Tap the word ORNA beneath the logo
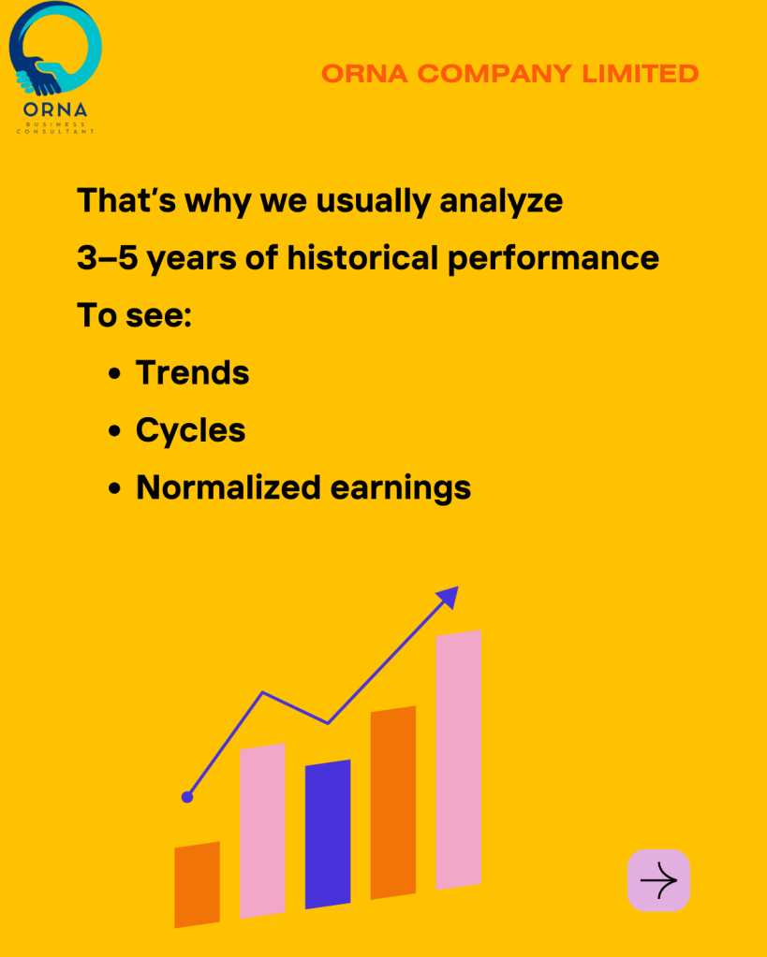coord(55,110)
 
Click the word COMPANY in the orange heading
coord(495,74)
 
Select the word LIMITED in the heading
coord(641,74)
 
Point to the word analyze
coord(501,202)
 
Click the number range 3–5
coord(107,257)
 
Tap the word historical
coord(362,257)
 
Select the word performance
coord(553,259)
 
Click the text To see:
coord(135,315)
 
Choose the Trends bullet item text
coord(193,372)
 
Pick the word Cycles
coord(191,431)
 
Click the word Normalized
coord(229,487)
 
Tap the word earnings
coord(401,489)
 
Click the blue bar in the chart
coord(328,834)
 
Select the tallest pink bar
coord(458,760)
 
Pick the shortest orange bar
coord(197,885)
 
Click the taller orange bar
coord(393,803)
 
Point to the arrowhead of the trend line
coord(449,596)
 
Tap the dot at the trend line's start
coord(187,797)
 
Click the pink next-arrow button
coord(658,880)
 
